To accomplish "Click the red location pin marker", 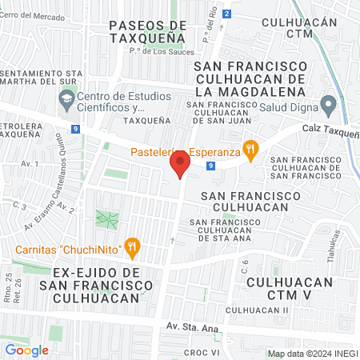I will coord(180,164).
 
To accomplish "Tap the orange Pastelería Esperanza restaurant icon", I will coord(250,148).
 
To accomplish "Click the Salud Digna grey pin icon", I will coord(327,104).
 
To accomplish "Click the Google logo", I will coord(26,350).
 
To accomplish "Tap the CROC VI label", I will coord(202,353).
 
